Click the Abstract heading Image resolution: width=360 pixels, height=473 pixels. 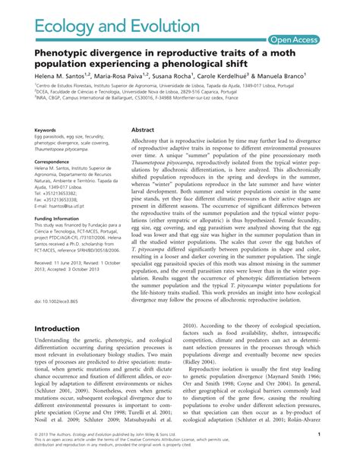click(143, 130)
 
